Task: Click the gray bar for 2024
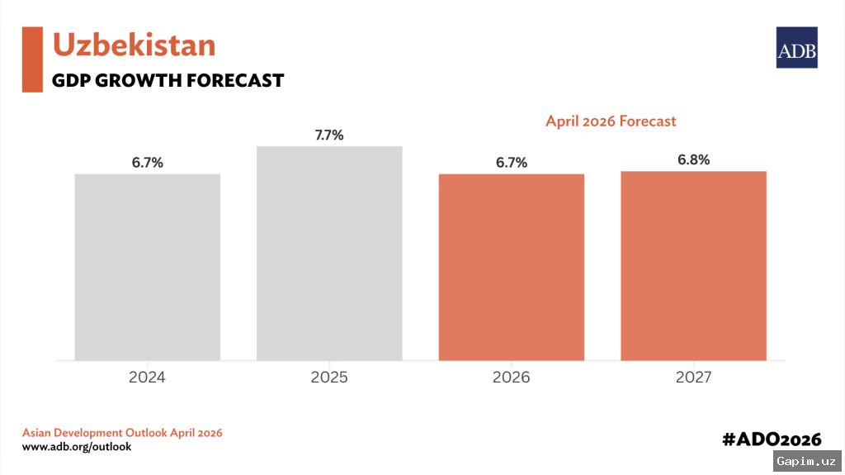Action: point(147,267)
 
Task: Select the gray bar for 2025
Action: point(329,253)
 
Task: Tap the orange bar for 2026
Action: point(511,267)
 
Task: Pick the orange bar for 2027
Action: point(693,265)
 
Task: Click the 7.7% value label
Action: point(329,135)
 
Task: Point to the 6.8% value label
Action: point(693,159)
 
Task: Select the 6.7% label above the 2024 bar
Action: point(147,163)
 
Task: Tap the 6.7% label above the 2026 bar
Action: point(511,163)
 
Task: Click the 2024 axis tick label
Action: point(147,378)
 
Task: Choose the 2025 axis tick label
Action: point(329,378)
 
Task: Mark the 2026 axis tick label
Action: point(511,378)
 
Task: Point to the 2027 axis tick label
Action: point(693,378)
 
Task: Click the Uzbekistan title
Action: point(134,45)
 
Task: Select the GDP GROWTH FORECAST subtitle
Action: point(168,81)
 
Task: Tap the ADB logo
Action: point(796,48)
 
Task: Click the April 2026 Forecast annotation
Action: point(610,121)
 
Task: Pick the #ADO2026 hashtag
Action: point(772,439)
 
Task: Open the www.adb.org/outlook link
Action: point(76,447)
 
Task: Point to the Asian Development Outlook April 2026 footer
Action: point(122,433)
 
